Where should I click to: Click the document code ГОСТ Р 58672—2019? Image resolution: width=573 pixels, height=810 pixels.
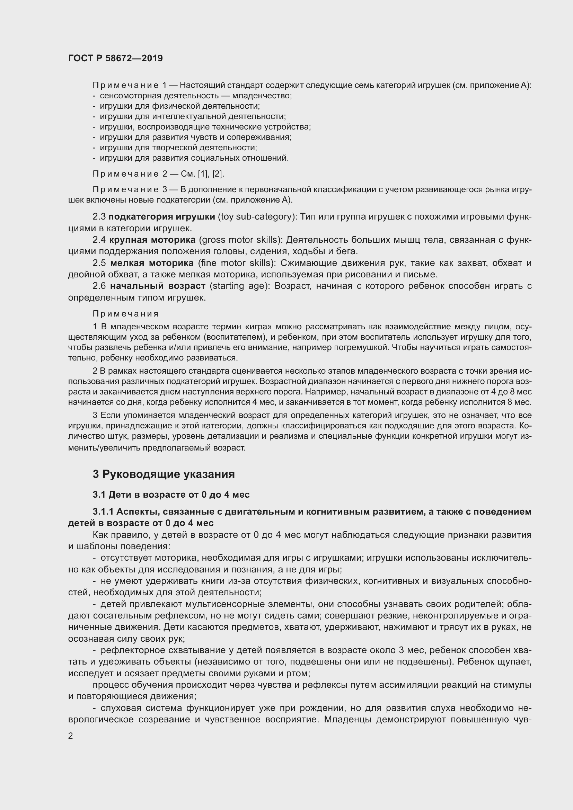(115, 58)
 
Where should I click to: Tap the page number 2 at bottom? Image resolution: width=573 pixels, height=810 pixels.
(71, 736)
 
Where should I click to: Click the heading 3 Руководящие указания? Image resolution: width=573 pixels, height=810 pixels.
(164, 474)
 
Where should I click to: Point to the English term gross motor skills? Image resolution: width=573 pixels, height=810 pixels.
(241, 240)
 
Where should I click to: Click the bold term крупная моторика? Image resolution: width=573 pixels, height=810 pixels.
(152, 240)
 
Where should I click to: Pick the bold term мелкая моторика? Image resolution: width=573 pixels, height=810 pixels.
(152, 263)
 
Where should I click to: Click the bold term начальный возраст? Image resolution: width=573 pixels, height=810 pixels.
(157, 286)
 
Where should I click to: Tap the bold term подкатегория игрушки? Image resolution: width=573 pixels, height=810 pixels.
(161, 216)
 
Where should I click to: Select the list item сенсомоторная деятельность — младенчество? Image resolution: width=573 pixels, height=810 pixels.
(195, 96)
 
